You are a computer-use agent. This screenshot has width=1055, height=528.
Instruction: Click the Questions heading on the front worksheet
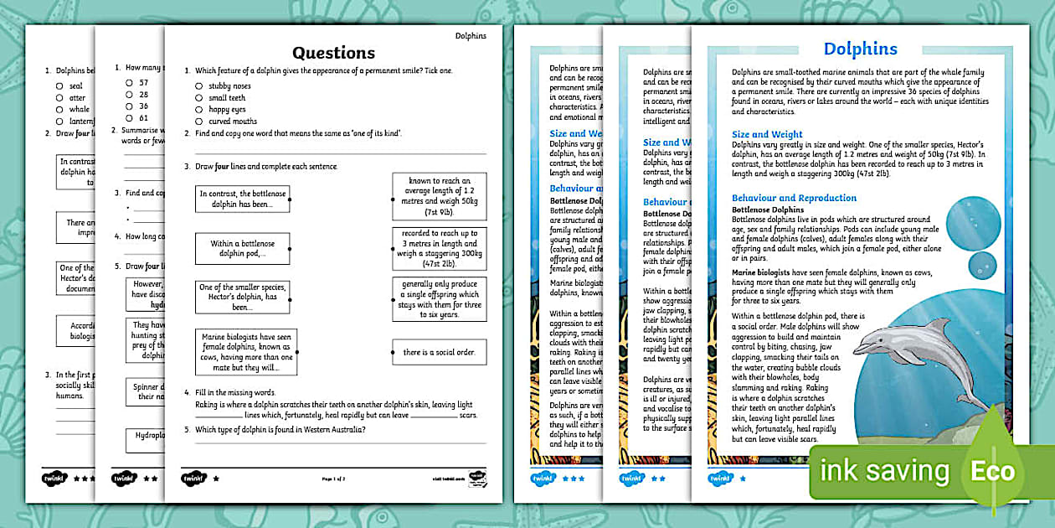coord(333,53)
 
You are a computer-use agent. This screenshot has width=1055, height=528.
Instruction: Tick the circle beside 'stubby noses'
coord(198,85)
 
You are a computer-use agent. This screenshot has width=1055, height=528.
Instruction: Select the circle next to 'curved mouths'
coord(198,121)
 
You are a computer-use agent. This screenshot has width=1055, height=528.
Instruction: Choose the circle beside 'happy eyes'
coord(198,109)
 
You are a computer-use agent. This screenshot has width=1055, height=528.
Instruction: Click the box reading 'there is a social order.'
coord(439,352)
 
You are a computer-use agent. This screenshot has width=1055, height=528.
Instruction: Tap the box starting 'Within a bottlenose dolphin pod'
coord(243,248)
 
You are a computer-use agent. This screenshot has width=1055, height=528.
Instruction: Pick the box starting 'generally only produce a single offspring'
coord(439,299)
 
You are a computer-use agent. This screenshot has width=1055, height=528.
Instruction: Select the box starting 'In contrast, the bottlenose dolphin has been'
coord(243,199)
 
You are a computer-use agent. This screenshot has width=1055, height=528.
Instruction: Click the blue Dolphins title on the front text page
coord(860,49)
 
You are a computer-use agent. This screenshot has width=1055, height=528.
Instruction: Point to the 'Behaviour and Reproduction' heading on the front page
coord(794,198)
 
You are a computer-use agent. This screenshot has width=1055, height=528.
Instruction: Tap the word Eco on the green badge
coord(992,471)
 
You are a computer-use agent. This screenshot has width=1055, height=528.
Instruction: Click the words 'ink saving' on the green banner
coord(884,471)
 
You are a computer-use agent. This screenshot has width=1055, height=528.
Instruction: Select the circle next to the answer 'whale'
coord(59,109)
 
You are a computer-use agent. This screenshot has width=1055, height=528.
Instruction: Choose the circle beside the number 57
coord(129,83)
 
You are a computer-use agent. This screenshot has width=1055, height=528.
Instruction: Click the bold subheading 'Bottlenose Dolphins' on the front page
coord(768,210)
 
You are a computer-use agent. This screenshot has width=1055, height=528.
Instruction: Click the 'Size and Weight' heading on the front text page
coord(767,134)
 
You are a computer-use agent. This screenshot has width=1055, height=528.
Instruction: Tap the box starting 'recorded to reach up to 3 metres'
coord(439,248)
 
